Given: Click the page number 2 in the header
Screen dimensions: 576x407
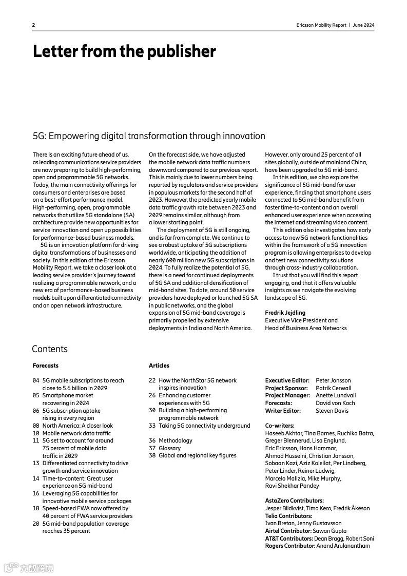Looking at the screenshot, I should point(33,25).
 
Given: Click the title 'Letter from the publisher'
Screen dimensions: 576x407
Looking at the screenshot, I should point(124,51).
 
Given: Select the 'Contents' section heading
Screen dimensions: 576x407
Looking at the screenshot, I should point(50,349).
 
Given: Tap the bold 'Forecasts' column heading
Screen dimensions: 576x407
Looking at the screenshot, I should point(46,366).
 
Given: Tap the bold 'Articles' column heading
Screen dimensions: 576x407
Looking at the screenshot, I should point(159,366).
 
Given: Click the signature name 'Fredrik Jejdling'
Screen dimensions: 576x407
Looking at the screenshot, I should point(285,313).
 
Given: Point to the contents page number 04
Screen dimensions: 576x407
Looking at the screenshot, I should point(36,380).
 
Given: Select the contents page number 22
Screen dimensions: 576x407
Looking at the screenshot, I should point(152,380).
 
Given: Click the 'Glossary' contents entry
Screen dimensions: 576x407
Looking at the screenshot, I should point(169,448).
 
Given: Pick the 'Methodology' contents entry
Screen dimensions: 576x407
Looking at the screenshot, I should point(176,440).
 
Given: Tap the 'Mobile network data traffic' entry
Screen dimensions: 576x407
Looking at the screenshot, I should point(76,433).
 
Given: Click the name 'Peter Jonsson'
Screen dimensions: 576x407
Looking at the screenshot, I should point(334,380).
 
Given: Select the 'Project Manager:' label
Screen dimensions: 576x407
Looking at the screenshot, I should point(287,395).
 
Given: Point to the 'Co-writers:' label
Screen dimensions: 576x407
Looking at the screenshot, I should point(280,426).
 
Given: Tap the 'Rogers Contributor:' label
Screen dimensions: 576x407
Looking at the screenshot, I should point(290,546).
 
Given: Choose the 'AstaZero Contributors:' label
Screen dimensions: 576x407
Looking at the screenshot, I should point(294,501).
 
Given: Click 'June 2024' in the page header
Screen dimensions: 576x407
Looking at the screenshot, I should point(364,25).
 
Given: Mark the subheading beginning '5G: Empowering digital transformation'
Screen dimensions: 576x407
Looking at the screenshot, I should point(149,136).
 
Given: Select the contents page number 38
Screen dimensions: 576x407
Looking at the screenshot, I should point(152,455).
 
